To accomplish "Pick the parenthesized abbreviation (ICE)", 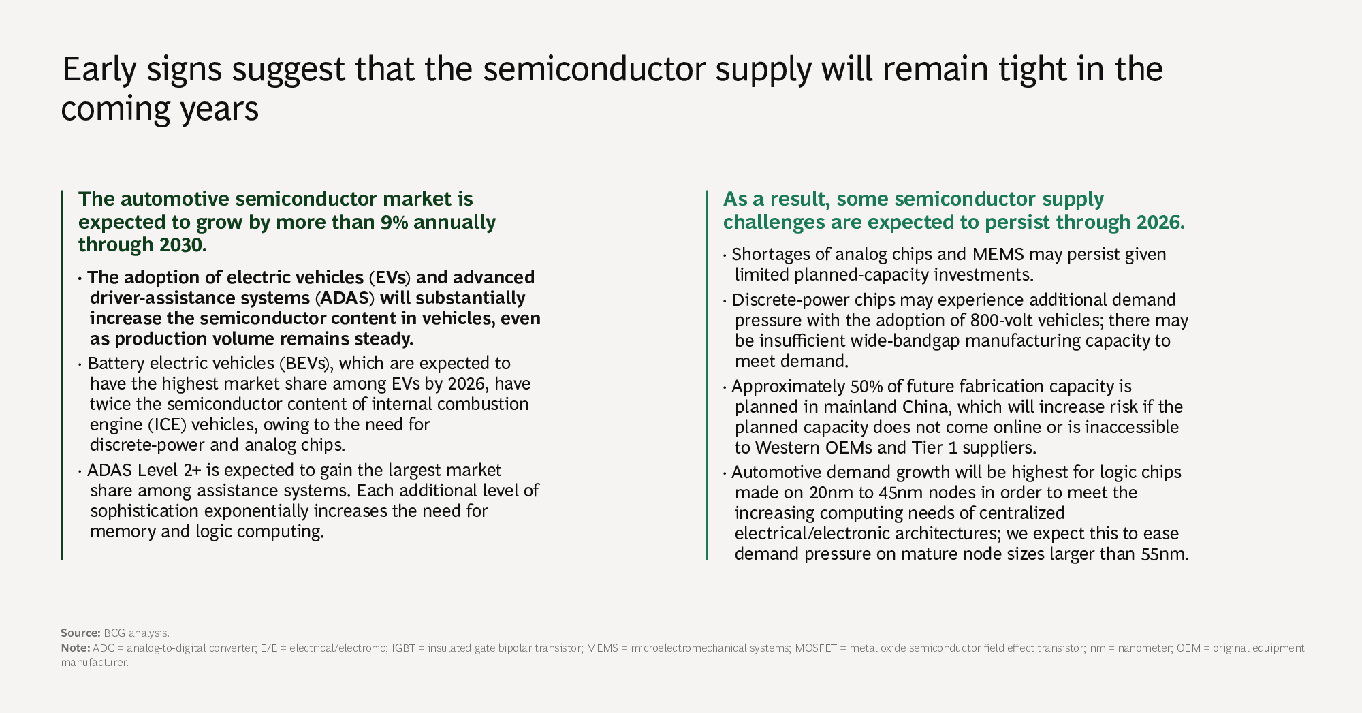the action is [165, 425].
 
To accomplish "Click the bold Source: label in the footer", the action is [80, 633].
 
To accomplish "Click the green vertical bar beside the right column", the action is [708, 375].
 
